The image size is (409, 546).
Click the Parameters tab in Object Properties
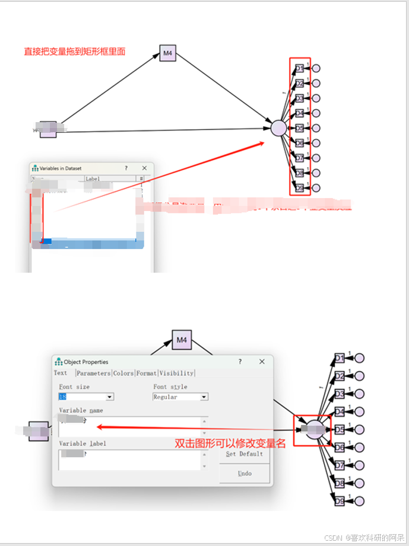94,373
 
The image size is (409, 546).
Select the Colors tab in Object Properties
123,373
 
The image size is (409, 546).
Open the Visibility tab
176,373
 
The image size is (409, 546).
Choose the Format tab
146,373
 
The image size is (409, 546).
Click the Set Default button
244,454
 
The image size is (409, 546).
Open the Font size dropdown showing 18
109,397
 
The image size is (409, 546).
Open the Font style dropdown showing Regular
204,397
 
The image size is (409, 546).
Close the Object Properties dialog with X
262,362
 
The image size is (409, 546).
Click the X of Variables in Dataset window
143,168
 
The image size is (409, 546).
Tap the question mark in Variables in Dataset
126,168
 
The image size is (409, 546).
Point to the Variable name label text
81,410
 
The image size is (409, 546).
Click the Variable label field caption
83,443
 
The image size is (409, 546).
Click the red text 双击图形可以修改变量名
230,443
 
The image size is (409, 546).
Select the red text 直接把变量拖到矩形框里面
74,52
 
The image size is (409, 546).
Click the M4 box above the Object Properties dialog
182,340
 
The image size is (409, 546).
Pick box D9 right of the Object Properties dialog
340,502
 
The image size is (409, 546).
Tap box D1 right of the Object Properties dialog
340,358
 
